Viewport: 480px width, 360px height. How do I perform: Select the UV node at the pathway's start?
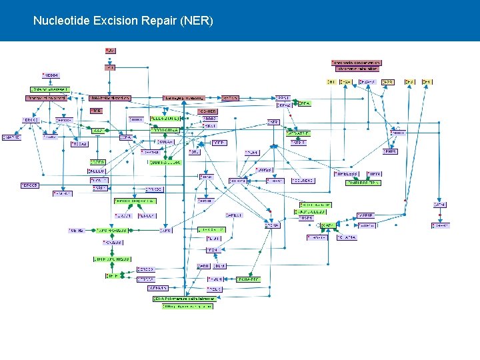[x=110, y=51]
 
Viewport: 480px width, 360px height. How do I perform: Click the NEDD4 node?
[x=51, y=75]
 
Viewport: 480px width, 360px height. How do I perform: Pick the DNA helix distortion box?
[x=109, y=98]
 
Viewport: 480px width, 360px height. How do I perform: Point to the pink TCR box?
[x=96, y=111]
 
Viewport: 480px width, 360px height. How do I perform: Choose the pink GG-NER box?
[x=208, y=111]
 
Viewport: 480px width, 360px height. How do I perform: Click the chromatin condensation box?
[x=357, y=63]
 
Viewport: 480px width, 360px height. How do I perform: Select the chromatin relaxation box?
[x=357, y=69]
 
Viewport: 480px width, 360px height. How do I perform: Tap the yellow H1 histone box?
[x=331, y=82]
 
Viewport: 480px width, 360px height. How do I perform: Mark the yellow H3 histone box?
[x=410, y=82]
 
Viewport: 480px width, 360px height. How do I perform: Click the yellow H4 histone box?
[x=427, y=82]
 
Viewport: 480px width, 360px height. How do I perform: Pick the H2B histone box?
[x=387, y=82]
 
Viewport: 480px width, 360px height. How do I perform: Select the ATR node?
[x=273, y=122]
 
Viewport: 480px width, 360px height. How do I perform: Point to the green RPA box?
[x=304, y=104]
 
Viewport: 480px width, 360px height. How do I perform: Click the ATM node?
[x=440, y=205]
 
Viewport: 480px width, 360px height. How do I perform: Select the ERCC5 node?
[x=29, y=185]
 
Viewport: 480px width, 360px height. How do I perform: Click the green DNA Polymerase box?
[x=184, y=299]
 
